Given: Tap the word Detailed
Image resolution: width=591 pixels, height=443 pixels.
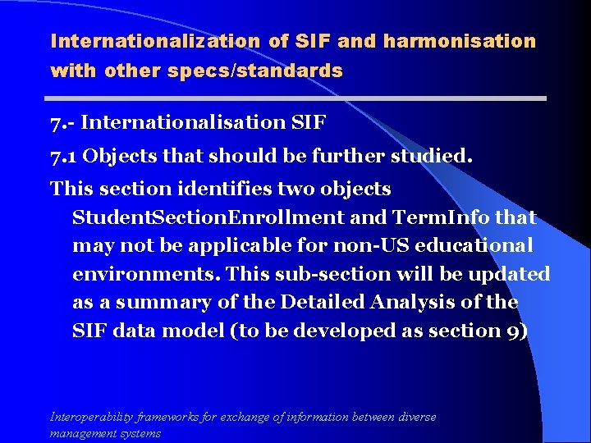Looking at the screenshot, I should [323, 302].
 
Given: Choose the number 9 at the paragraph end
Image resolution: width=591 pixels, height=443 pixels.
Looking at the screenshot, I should [511, 331].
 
